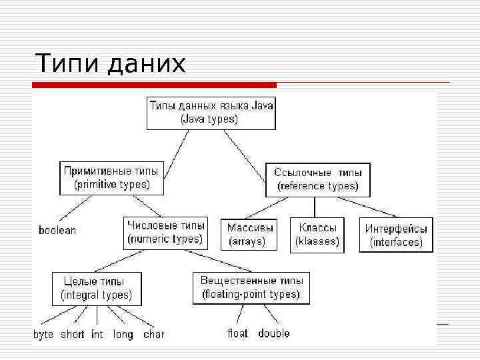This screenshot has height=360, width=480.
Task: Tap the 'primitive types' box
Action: [x=112, y=177]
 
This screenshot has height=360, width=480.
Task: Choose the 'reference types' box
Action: [x=317, y=179]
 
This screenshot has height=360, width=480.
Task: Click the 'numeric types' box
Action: [x=165, y=233]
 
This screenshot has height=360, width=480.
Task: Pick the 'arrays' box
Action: [x=251, y=235]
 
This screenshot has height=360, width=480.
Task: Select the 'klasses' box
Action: [x=317, y=235]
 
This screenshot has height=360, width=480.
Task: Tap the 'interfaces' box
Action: [x=396, y=235]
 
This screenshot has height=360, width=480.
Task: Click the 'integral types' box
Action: [x=97, y=288]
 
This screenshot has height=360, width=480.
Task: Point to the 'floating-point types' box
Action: [x=251, y=288]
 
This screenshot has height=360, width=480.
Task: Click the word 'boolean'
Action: [x=57, y=231]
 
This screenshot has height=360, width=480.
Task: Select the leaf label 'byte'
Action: [x=43, y=335]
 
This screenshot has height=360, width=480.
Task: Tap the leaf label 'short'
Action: [x=72, y=335]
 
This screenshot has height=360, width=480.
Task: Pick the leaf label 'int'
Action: [x=97, y=335]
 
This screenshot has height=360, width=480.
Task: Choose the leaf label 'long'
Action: [x=123, y=335]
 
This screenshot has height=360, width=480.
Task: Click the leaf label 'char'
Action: [x=153, y=335]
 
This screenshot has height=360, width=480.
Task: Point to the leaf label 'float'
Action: [x=238, y=333]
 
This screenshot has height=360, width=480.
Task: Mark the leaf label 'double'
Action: [x=274, y=333]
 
